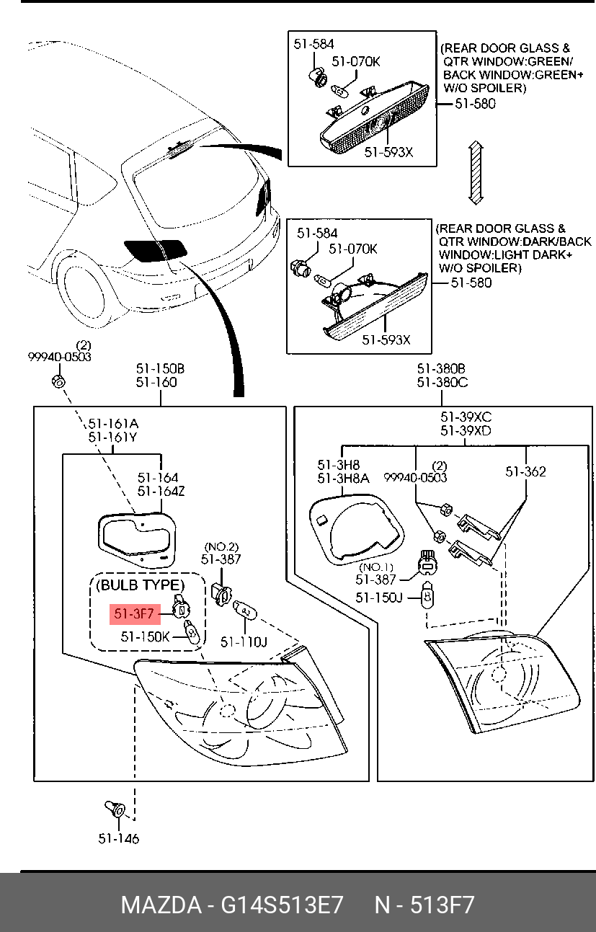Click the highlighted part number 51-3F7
point(134,613)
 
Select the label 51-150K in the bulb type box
point(145,636)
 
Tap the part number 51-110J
point(244,642)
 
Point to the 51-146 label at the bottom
point(118,838)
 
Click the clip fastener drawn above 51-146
point(115,809)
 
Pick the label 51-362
point(525,471)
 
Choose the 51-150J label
point(379,598)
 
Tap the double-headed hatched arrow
point(476,172)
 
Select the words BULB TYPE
point(140,585)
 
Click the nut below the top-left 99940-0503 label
point(58,381)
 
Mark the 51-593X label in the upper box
point(388,152)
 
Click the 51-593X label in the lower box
point(386,340)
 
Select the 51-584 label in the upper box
point(313,44)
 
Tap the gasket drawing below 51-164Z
point(137,540)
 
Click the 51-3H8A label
point(343,479)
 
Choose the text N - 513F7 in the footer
point(424,905)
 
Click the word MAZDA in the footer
point(161,905)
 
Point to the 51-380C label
point(442,382)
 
